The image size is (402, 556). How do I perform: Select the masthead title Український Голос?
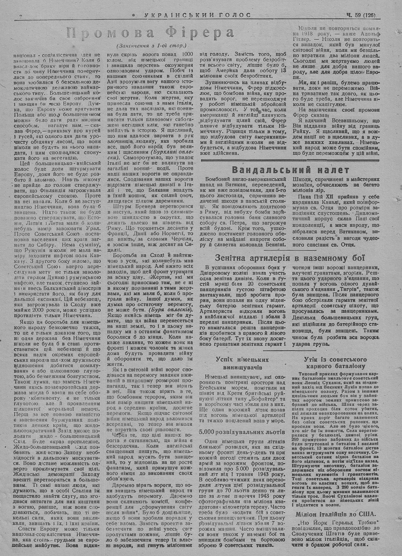197,15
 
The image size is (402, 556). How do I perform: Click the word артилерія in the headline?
275,258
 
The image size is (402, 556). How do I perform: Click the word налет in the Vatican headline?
330,170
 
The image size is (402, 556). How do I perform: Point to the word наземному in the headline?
325,258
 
